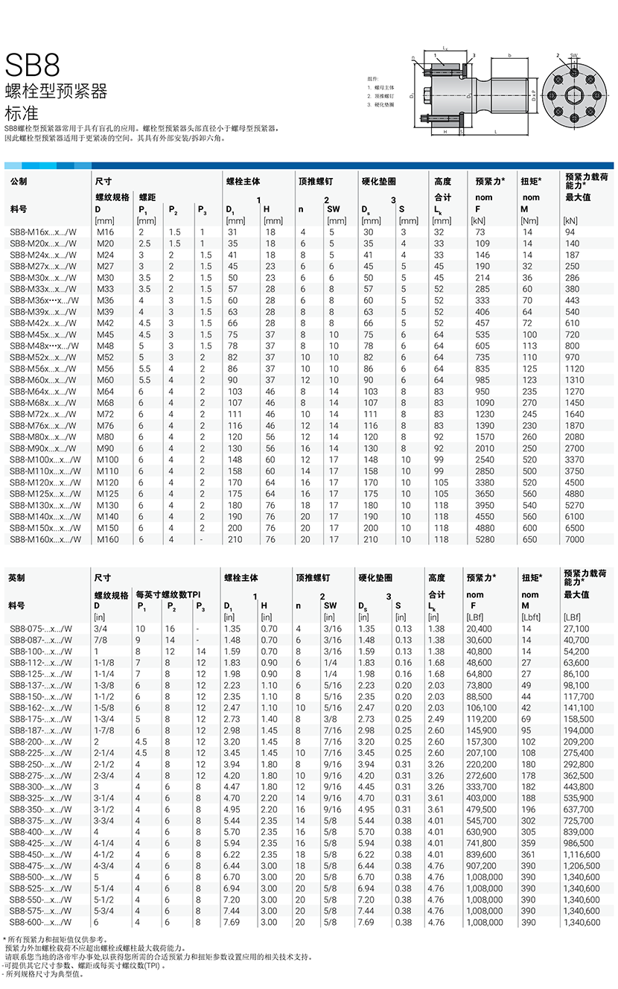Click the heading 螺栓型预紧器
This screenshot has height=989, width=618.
tap(56, 92)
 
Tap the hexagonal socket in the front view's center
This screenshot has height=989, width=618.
tap(574, 95)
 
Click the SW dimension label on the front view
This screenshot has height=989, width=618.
tap(574, 55)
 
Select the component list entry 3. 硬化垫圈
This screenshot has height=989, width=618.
tap(380, 104)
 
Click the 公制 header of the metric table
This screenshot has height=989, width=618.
tap(18, 181)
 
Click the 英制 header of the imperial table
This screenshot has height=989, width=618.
tap(16, 577)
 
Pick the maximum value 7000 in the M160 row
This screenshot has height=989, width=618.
tap(575, 540)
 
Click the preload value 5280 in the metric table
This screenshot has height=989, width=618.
tap(485, 540)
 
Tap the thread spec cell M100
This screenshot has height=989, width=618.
tap(107, 459)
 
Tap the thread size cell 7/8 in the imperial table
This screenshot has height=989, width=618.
tap(100, 640)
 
